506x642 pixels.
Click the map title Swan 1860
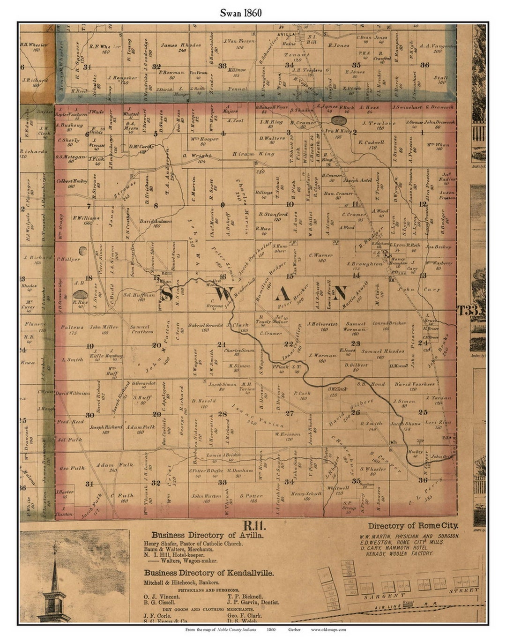(x=241, y=13)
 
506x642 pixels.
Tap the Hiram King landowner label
(x=253, y=154)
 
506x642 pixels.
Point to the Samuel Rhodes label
(x=383, y=351)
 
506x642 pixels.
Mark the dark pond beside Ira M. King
(x=338, y=121)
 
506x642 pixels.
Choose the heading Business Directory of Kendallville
(x=208, y=573)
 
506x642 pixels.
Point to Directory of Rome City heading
(x=413, y=526)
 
